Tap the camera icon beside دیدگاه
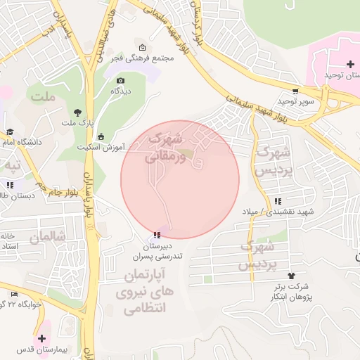point(120,80)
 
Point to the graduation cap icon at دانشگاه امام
point(10,131)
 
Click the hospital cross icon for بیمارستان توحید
point(351,65)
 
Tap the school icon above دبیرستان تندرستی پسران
point(155,234)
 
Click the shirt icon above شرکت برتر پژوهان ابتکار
point(291,276)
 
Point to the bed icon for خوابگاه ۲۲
point(14,294)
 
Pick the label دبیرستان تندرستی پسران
point(158,252)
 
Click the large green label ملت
point(42,96)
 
